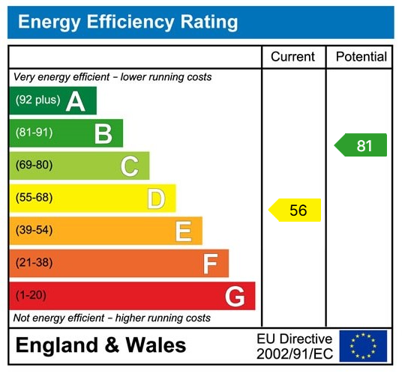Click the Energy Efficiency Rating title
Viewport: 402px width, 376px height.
(x=127, y=22)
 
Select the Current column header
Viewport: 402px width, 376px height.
(x=292, y=57)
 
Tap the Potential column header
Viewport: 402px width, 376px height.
(x=361, y=57)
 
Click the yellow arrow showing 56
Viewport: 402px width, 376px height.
(x=295, y=210)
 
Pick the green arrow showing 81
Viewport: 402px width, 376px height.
(x=361, y=145)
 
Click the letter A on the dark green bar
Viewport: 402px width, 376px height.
(x=75, y=101)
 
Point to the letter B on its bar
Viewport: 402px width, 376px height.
(x=103, y=134)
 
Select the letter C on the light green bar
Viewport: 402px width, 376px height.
(x=129, y=166)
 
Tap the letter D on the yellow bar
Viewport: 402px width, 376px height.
(x=155, y=199)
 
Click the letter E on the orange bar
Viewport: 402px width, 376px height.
(x=183, y=231)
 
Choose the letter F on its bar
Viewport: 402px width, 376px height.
(x=210, y=264)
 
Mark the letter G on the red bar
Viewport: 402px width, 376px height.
(x=235, y=297)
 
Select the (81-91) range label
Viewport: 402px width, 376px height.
(x=34, y=133)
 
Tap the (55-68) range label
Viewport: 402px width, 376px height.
(x=34, y=198)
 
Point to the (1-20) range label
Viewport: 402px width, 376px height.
(x=31, y=295)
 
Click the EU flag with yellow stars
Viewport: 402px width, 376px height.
(x=363, y=346)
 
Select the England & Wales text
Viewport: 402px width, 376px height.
(x=100, y=346)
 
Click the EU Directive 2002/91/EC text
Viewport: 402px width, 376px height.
(x=294, y=346)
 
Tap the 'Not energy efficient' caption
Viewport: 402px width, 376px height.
(x=112, y=318)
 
